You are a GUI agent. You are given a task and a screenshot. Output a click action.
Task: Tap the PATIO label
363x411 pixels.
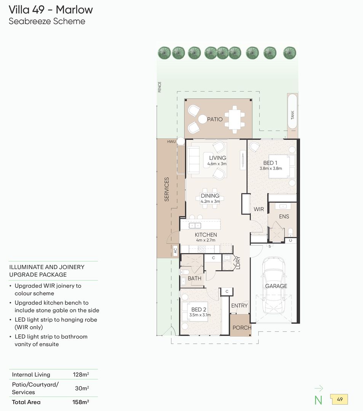215,119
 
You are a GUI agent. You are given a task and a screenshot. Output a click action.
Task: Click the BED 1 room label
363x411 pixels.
270,163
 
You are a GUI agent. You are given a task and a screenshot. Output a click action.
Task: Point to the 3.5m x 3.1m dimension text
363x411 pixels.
200,315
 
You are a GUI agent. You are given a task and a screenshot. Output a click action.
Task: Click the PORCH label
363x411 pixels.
242,328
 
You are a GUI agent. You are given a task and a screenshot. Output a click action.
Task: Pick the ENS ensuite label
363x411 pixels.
284,217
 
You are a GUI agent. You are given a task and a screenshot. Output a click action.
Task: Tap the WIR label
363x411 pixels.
259,209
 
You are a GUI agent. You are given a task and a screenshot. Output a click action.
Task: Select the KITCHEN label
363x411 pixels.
206,235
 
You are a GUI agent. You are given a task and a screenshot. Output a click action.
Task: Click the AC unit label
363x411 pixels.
175,250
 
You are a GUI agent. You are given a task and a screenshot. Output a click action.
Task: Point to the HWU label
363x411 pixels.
171,142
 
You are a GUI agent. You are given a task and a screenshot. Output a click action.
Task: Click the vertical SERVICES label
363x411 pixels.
166,189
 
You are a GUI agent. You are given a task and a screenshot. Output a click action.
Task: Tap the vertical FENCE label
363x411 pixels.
160,87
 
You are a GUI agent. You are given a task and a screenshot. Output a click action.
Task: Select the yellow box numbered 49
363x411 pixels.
340,400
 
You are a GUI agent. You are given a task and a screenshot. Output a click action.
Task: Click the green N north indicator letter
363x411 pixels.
318,400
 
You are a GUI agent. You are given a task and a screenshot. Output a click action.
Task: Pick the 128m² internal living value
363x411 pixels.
81,374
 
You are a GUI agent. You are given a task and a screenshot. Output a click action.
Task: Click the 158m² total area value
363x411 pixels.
81,402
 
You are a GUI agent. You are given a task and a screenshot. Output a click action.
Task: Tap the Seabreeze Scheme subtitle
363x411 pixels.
47,21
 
